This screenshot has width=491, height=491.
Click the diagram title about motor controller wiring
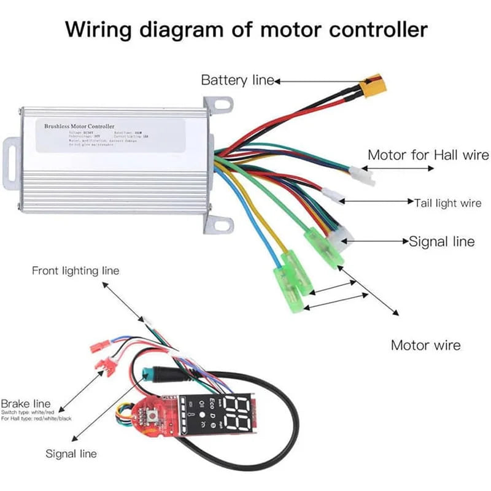pyautogui.click(x=245, y=29)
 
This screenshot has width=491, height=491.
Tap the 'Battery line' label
pyautogui.click(x=238, y=80)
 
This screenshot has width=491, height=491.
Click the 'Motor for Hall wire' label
pyautogui.click(x=428, y=155)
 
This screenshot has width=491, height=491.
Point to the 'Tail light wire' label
pyautogui.click(x=448, y=202)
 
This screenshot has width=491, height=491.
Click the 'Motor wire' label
pyautogui.click(x=426, y=346)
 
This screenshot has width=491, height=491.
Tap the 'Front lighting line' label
pyautogui.click(x=75, y=270)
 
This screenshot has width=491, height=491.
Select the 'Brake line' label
pyautogui.click(x=25, y=403)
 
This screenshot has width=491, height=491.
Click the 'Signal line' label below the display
pyautogui.click(x=71, y=454)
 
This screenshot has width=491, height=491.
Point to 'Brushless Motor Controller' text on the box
pyautogui.click(x=79, y=126)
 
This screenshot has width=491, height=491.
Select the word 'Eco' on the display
pyautogui.click(x=212, y=404)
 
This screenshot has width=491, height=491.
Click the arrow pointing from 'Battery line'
pyautogui.click(x=319, y=80)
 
